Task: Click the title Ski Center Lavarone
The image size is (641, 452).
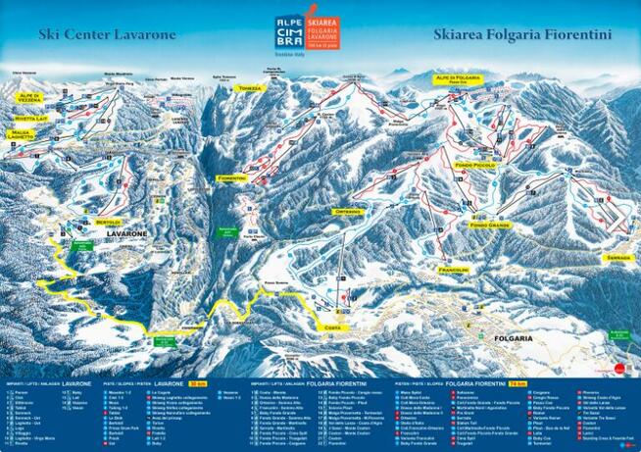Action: click(x=108, y=34)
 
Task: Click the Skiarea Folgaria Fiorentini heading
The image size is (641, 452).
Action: click(x=521, y=34)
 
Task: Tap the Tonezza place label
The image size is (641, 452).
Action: click(x=251, y=88)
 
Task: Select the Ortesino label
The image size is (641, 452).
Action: click(x=348, y=212)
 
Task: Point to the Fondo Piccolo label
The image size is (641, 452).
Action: click(x=476, y=166)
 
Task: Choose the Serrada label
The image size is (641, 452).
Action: click(x=618, y=257)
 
